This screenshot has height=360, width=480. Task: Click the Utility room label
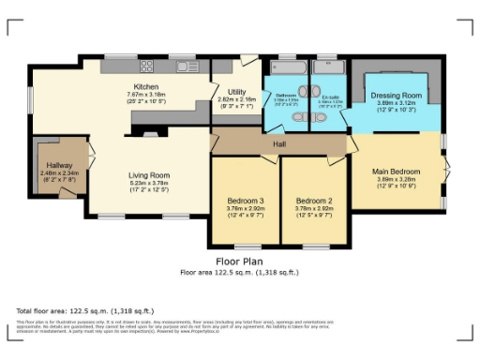[x=231, y=91]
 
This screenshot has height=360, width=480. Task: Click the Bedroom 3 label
[x=245, y=202]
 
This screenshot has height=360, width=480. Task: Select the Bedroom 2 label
[x=315, y=202]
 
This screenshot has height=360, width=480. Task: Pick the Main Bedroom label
[x=394, y=171]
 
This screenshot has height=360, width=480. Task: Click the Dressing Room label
[x=397, y=96]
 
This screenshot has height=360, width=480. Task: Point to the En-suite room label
[x=330, y=97]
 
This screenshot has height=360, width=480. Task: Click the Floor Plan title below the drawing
[x=239, y=262]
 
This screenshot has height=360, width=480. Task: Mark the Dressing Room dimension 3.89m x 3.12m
[x=397, y=104]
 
